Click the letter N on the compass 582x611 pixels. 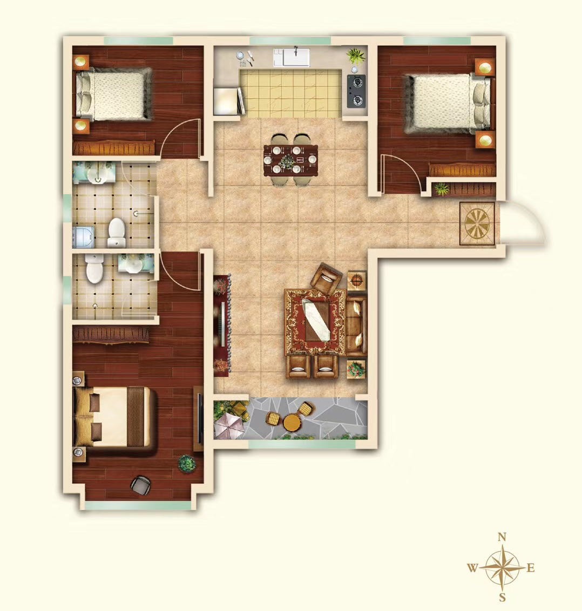tap(502, 538)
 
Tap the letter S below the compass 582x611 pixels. tap(503, 597)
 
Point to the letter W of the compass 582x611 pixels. tap(472, 568)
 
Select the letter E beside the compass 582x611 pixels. tap(531, 568)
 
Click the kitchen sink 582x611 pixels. tap(291, 57)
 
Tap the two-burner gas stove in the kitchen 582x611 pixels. tap(357, 91)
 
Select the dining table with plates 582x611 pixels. tap(290, 160)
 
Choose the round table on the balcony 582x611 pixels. tap(291, 422)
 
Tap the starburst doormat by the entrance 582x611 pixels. tap(477, 223)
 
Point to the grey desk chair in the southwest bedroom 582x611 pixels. tap(140, 485)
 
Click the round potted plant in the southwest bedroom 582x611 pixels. tap(187, 464)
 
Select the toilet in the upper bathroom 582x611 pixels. tap(117, 232)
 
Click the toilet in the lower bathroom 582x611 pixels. tap(94, 268)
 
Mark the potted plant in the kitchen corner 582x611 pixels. tap(356, 56)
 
